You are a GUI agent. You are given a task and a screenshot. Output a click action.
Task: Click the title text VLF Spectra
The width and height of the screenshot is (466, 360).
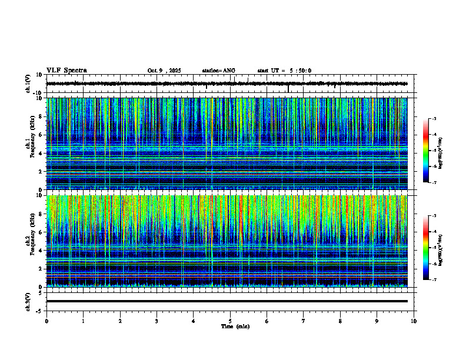pyautogui.click(x=66, y=71)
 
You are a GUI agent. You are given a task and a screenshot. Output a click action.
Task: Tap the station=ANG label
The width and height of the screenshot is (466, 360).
pyautogui.click(x=218, y=71)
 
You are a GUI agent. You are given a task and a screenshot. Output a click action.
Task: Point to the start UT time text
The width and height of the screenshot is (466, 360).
pyautogui.click(x=284, y=71)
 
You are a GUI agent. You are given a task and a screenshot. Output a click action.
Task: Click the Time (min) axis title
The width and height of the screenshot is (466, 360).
pyautogui.click(x=235, y=326)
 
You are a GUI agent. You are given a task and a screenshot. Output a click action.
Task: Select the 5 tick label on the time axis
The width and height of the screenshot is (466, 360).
pyautogui.click(x=230, y=321)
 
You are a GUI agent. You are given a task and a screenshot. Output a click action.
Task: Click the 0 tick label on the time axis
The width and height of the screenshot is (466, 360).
pyautogui.click(x=46, y=321)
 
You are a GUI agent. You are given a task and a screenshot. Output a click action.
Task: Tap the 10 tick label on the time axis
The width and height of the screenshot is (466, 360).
pyautogui.click(x=414, y=321)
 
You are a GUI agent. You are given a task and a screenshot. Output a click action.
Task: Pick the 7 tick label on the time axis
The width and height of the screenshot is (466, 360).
pyautogui.click(x=304, y=321)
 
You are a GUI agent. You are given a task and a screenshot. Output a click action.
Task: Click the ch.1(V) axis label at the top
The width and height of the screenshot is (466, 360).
pyautogui.click(x=28, y=84)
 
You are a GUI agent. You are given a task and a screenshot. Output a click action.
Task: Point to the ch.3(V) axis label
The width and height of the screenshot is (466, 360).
pyautogui.click(x=28, y=301)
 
